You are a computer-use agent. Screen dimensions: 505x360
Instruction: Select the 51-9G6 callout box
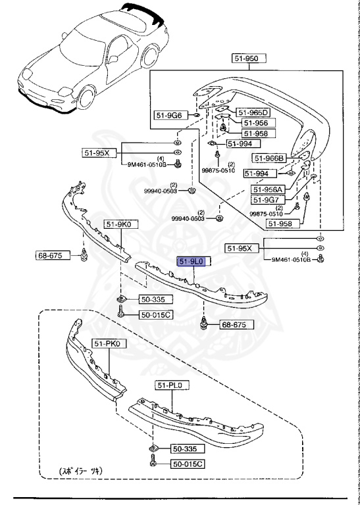(169, 115)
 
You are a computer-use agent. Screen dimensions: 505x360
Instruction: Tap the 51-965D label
(253, 112)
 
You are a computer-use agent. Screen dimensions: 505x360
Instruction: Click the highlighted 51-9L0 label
(192, 261)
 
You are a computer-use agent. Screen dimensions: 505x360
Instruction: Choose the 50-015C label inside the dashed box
(189, 465)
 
